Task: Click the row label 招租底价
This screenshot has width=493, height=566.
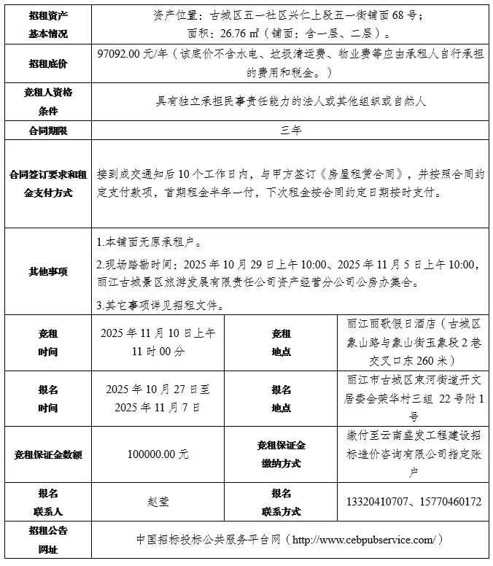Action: click(x=47, y=64)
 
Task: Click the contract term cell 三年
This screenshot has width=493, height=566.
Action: click(x=291, y=130)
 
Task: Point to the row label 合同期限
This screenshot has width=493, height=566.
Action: click(x=47, y=130)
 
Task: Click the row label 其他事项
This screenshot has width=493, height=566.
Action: click(x=47, y=271)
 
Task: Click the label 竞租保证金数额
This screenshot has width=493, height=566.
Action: click(x=47, y=454)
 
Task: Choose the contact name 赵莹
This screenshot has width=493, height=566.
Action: click(x=158, y=502)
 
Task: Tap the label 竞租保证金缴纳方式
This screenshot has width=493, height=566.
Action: click(x=281, y=454)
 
